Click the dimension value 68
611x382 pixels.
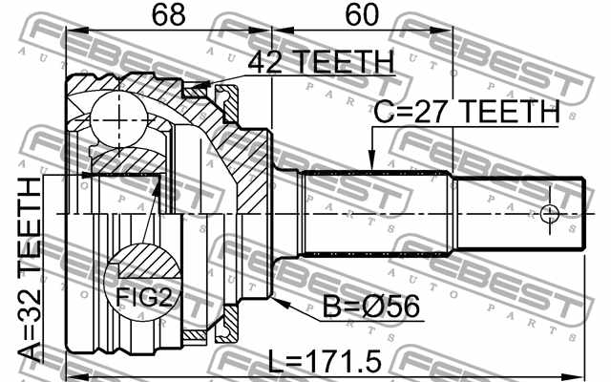[168, 14]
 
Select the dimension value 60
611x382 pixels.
[362, 14]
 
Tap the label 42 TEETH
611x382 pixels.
[321, 61]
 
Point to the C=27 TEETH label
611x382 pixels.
[467, 111]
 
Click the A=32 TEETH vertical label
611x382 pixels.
[30, 269]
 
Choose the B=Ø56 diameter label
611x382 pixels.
[371, 306]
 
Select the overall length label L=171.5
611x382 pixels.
[325, 361]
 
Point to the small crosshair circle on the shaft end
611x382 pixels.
[550, 214]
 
